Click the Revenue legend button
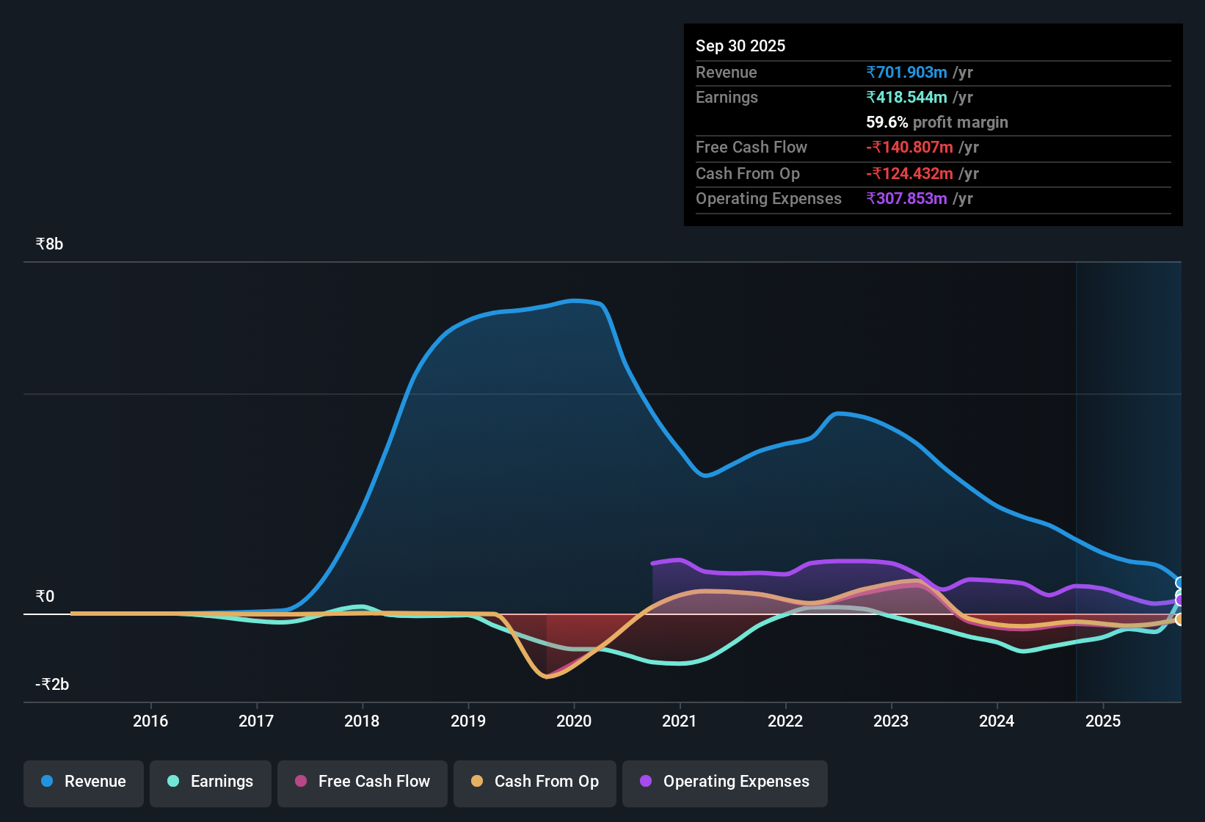[x=84, y=782]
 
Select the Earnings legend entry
[x=211, y=782]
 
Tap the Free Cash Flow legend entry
[x=363, y=782]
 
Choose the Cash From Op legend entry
[x=535, y=782]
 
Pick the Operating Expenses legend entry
[x=725, y=782]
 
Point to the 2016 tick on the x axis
[x=150, y=721]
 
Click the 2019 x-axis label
[x=468, y=721]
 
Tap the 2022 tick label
[x=785, y=721]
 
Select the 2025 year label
[x=1103, y=721]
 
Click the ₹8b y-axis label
[x=49, y=244]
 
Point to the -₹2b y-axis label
[x=52, y=685]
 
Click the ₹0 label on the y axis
[x=45, y=597]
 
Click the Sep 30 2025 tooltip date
[x=740, y=46]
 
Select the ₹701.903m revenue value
[x=906, y=73]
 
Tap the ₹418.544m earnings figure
[x=906, y=98]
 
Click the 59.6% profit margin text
[x=936, y=123]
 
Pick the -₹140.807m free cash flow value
[x=909, y=148]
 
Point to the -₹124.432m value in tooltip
[x=909, y=174]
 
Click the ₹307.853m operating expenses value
[x=906, y=199]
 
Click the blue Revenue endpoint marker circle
[x=1180, y=583]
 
